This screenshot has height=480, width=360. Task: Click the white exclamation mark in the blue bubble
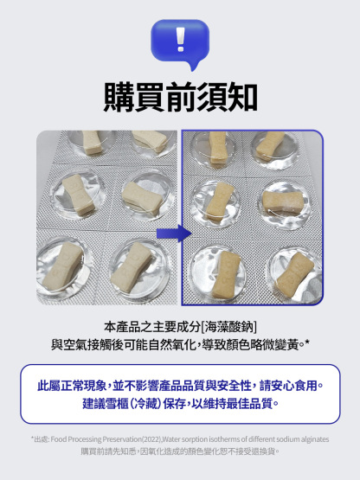pyautogui.click(x=179, y=40)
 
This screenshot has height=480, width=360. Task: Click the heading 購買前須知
pyautogui.click(x=180, y=96)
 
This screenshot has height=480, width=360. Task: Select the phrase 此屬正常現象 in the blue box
pyautogui.click(x=72, y=386)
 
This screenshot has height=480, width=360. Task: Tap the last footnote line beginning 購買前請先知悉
pyautogui.click(x=180, y=451)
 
